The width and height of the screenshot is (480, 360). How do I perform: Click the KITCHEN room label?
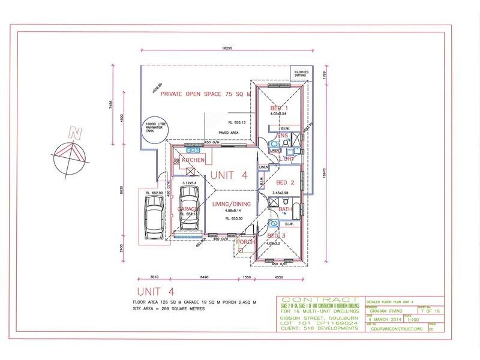[193, 160]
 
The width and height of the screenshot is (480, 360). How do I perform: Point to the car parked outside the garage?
[154, 214]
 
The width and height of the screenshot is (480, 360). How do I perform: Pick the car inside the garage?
[189, 208]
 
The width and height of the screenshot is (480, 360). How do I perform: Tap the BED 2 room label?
[284, 182]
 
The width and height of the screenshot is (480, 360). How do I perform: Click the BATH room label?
[286, 209]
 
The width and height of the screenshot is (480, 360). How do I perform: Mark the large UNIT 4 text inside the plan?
[228, 175]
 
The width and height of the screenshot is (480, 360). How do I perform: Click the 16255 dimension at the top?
[226, 47]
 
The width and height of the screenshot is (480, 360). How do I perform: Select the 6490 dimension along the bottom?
[204, 278]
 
